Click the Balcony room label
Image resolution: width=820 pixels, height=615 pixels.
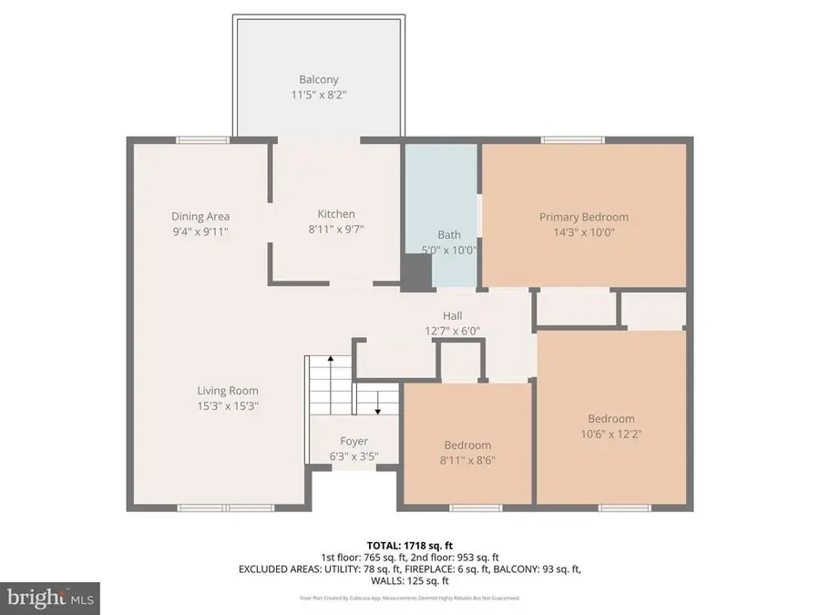click(318, 78)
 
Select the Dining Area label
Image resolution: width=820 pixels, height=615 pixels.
click(200, 216)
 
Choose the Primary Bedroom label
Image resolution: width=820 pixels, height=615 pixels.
click(583, 217)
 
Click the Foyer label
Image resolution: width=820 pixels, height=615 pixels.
click(354, 441)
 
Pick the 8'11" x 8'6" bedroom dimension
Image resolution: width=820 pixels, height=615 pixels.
click(467, 461)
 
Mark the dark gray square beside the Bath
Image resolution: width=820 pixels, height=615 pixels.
click(417, 272)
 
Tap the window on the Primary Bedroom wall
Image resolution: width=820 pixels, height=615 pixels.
click(566, 139)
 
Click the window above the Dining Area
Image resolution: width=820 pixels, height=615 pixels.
click(202, 139)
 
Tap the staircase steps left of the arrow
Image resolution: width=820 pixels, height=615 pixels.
click(328, 383)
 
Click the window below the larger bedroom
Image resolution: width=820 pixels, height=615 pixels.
click(623, 507)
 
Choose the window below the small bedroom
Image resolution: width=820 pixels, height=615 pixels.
click(475, 507)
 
